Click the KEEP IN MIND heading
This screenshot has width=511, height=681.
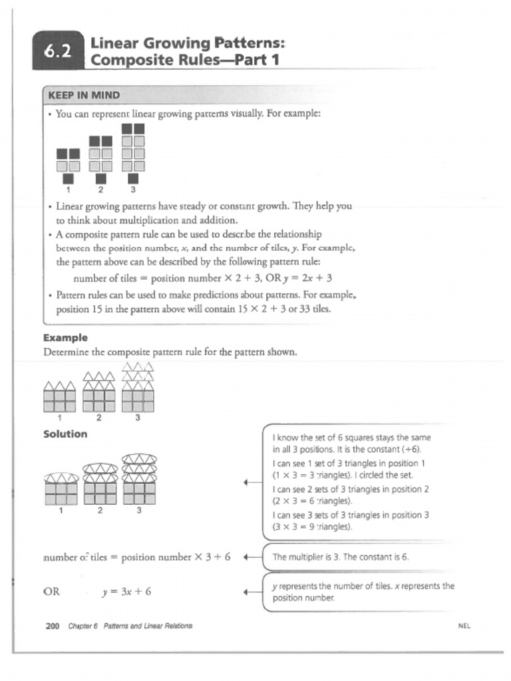pos(84,95)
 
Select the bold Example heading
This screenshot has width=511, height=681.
pos(65,338)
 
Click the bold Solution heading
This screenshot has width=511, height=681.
pos(65,434)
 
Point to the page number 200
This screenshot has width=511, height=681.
pos(53,626)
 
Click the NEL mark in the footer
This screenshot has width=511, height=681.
pos(464,626)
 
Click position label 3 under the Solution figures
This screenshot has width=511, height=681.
pos(139,511)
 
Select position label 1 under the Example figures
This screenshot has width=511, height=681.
pos(60,418)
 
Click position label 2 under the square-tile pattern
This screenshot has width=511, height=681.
pos(100,189)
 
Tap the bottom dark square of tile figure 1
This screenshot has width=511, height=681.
pos(68,178)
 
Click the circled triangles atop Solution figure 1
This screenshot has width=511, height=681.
pos(61,478)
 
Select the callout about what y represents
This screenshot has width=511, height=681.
pos(363,591)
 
